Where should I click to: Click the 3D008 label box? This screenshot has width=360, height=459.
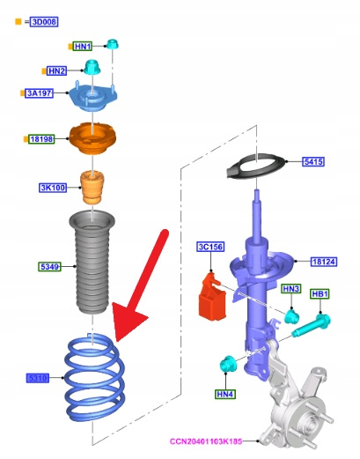(44, 22)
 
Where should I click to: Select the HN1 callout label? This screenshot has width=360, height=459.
(83, 47)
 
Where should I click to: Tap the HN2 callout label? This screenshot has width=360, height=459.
(56, 70)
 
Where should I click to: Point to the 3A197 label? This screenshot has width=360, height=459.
(39, 93)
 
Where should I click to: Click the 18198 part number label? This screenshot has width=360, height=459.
(41, 139)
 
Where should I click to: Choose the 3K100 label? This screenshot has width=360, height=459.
(53, 188)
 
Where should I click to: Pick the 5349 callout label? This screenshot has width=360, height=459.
(49, 267)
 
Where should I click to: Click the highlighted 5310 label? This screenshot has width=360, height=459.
(38, 378)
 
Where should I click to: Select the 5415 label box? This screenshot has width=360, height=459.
(313, 161)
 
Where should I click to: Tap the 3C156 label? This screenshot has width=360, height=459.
(210, 247)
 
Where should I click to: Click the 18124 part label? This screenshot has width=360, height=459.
(324, 262)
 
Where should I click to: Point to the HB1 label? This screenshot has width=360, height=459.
(320, 294)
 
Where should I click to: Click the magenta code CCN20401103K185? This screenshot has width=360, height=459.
(206, 441)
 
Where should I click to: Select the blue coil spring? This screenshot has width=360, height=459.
(95, 377)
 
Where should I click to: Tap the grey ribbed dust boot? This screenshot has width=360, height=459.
(92, 262)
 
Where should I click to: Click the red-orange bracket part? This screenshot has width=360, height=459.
(212, 297)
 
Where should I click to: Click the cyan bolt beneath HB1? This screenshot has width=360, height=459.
(312, 325)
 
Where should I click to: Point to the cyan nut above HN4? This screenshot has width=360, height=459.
(227, 364)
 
